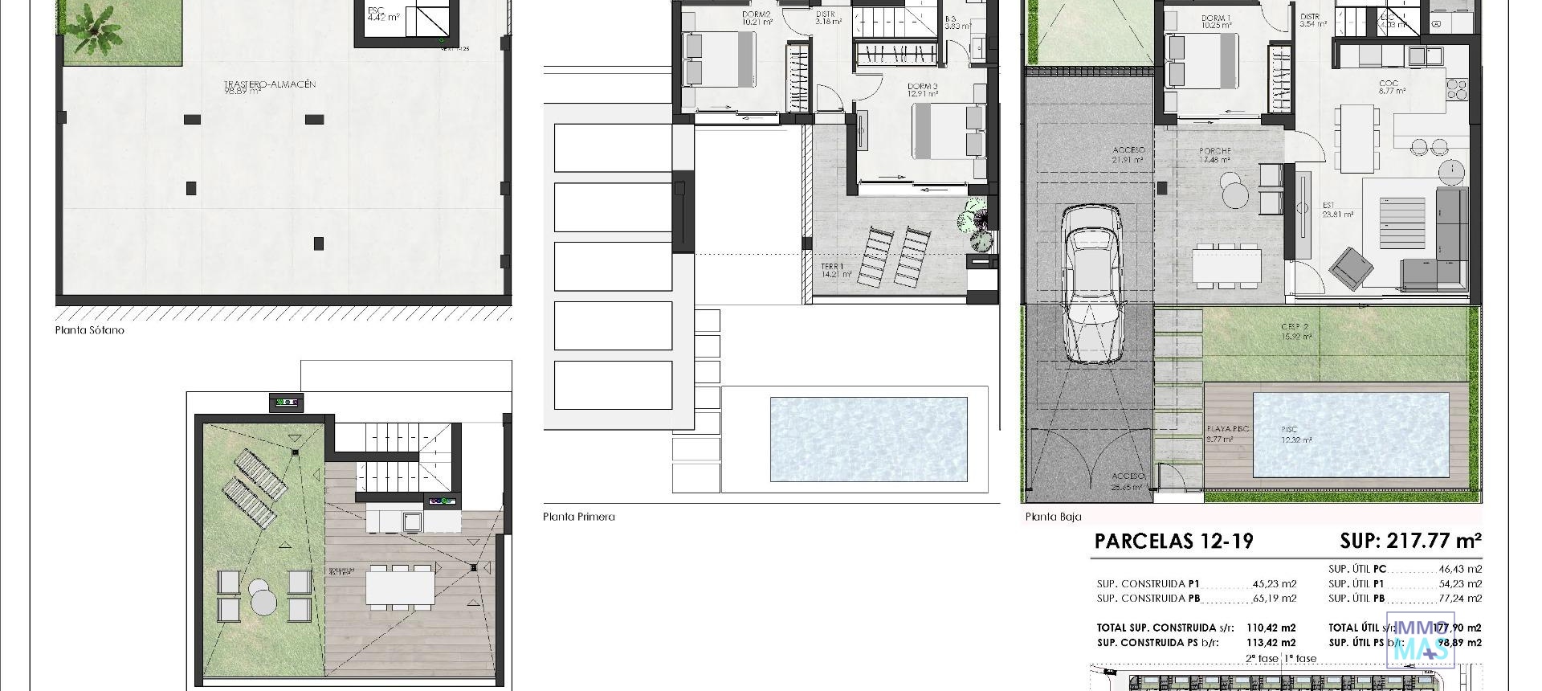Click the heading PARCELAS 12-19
point(1173,541)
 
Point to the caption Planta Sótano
point(90,330)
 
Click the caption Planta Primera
point(578,517)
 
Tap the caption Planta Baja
point(1053,517)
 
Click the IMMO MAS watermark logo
point(1421,640)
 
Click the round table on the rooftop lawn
point(263,595)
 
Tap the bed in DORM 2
point(720,59)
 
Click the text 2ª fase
point(1261,658)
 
